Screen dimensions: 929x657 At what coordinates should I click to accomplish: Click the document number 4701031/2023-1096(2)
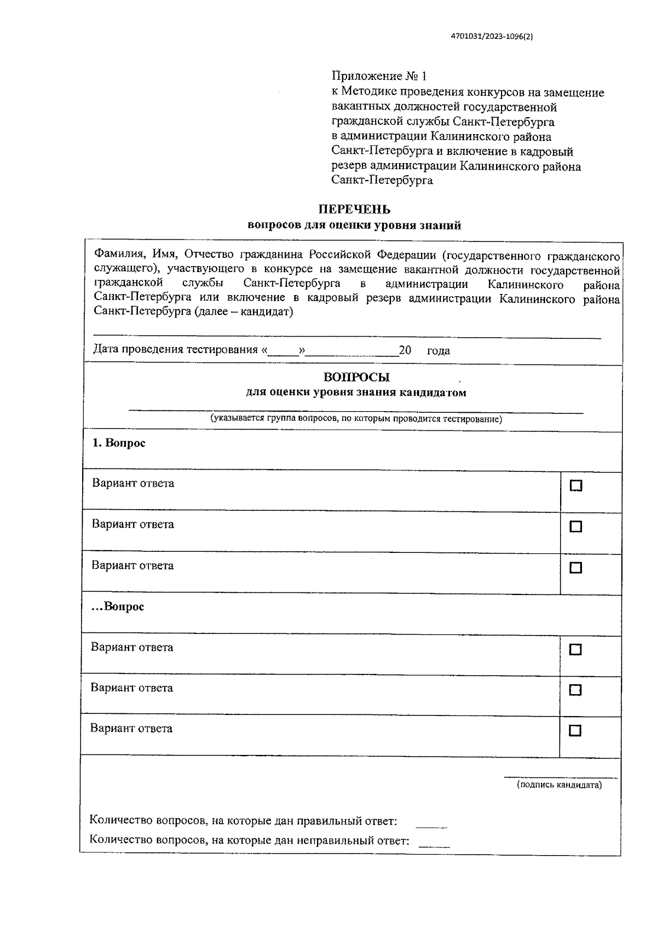point(491,37)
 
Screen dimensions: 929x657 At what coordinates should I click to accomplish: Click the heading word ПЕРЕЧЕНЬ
point(354,210)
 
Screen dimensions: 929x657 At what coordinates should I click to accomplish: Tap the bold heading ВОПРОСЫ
point(356,377)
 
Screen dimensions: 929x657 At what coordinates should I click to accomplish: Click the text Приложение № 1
point(378,76)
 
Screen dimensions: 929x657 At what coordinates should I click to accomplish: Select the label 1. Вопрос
point(119,443)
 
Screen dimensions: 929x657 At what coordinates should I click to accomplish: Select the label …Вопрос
point(118,607)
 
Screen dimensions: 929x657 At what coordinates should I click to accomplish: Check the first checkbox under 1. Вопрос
point(575,486)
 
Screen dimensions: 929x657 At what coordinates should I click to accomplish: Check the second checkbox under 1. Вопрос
point(575,527)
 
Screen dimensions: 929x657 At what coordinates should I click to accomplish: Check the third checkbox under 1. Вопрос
point(575,568)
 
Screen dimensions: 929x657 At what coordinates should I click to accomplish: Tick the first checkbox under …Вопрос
point(575,649)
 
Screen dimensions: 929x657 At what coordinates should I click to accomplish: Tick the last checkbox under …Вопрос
point(575,731)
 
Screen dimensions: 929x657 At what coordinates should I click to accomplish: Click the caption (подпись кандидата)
point(559,785)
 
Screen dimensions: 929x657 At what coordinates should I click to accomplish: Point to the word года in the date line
point(438,351)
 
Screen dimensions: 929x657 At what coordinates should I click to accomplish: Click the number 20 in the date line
point(405,350)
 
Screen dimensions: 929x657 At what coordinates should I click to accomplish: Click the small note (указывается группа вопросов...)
point(356,419)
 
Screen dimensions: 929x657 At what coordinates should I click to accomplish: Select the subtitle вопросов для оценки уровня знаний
point(354,226)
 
